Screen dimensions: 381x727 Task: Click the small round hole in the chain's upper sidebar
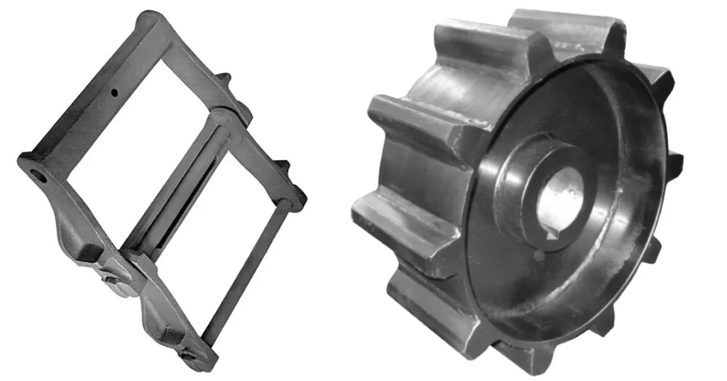click(113, 91)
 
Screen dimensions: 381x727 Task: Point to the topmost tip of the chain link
click(149, 16)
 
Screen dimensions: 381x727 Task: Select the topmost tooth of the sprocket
click(568, 25)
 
